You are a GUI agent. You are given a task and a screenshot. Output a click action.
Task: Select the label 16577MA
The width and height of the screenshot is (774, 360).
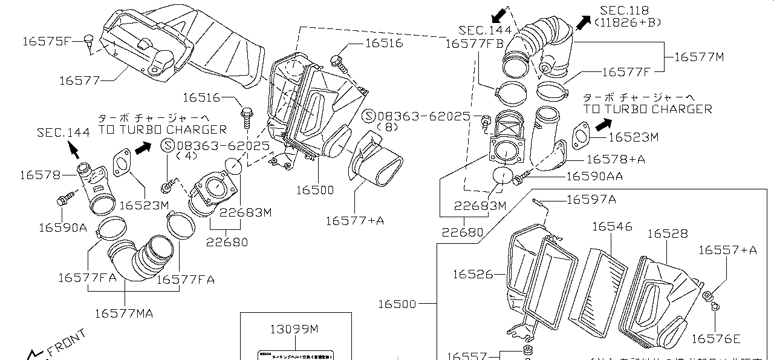coord(123,313)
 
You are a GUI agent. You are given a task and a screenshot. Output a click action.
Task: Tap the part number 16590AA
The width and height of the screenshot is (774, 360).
coord(594,176)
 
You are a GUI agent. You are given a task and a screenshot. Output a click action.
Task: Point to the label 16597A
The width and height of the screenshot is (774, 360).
coord(591,200)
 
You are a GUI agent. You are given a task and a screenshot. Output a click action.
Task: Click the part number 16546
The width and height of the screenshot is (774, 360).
coord(612,226)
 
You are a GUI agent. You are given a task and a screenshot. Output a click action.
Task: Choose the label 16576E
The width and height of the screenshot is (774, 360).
coord(715,339)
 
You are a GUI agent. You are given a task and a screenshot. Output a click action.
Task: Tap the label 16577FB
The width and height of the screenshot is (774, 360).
coord(475,44)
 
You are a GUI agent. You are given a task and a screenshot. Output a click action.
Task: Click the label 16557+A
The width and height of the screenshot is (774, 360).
coord(727,250)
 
